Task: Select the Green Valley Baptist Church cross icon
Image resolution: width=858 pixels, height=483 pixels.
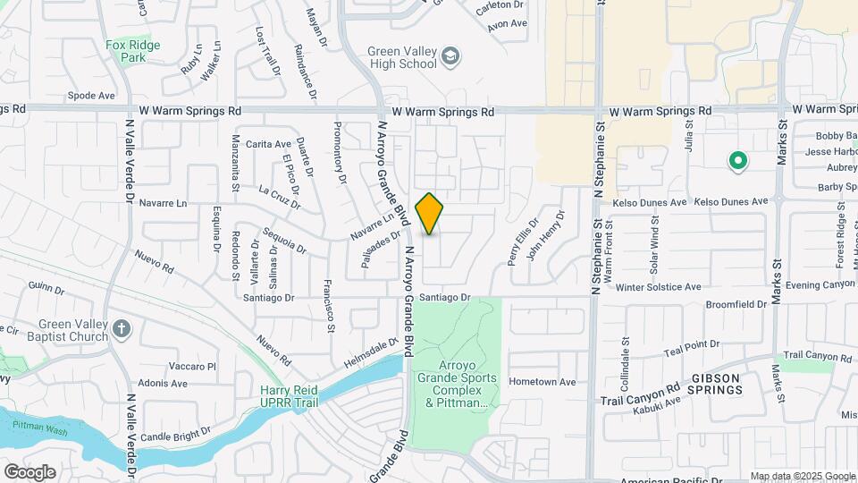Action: point(122,330)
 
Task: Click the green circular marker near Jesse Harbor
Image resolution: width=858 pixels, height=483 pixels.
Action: point(737,162)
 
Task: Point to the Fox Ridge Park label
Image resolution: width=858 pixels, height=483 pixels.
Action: point(132,51)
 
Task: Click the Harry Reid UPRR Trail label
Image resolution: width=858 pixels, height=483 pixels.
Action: point(290,396)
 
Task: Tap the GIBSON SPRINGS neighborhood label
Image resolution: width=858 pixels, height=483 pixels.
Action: point(716,384)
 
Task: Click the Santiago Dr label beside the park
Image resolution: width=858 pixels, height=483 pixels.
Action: point(444,297)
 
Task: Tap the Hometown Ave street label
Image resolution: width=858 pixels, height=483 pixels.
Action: point(543,381)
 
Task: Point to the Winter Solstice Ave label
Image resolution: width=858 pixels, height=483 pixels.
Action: point(658,287)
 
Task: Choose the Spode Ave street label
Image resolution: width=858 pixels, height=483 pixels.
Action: point(92,95)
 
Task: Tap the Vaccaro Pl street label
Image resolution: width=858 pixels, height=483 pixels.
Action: point(193,366)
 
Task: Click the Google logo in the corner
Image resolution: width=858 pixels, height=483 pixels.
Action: point(29,471)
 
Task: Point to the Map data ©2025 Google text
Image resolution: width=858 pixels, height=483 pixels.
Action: point(803,476)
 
